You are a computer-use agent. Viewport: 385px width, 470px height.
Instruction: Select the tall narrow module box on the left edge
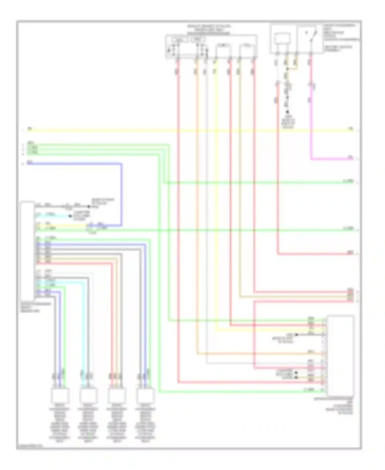coord(27,249)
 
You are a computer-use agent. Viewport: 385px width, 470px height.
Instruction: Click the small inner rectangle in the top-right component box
coord(282,39)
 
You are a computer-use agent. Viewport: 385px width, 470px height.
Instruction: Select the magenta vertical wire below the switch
coord(311,123)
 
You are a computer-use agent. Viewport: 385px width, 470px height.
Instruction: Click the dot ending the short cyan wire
coord(70,216)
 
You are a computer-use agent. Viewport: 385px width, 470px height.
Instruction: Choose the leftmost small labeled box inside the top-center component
coord(179,40)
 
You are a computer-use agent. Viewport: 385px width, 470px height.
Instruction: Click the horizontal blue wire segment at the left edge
coord(74,164)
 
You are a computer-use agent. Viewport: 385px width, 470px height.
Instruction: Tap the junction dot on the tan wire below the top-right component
coord(287,69)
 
